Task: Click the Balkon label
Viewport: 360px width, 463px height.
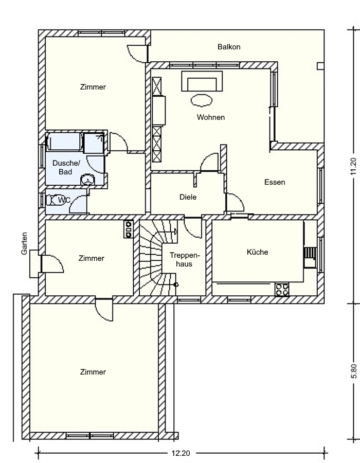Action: coord(229,47)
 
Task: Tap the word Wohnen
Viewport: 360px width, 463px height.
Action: coord(211,117)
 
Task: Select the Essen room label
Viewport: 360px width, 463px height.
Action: coord(275,182)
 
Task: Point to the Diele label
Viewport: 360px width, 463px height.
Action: coord(188,197)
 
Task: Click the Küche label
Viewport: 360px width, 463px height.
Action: coord(257,252)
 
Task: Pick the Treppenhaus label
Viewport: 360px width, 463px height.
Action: coord(185,260)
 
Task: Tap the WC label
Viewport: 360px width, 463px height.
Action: coord(64,200)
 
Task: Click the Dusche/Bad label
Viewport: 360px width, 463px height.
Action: coord(66,167)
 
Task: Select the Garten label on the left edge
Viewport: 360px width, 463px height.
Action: coord(24,243)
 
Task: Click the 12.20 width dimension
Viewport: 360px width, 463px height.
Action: coord(181,453)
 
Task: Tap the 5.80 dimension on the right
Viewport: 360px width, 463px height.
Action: coord(354,371)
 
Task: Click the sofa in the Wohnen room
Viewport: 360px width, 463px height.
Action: coord(202,81)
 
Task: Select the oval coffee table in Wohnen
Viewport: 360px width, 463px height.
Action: coord(202,100)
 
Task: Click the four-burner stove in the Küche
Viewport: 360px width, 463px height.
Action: coord(282,289)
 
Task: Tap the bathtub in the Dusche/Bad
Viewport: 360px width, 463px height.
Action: coord(64,142)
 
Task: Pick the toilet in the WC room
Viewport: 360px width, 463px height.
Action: coord(52,200)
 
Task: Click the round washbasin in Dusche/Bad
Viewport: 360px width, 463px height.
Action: coord(87,180)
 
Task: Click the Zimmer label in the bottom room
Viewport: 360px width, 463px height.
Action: coord(93,372)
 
